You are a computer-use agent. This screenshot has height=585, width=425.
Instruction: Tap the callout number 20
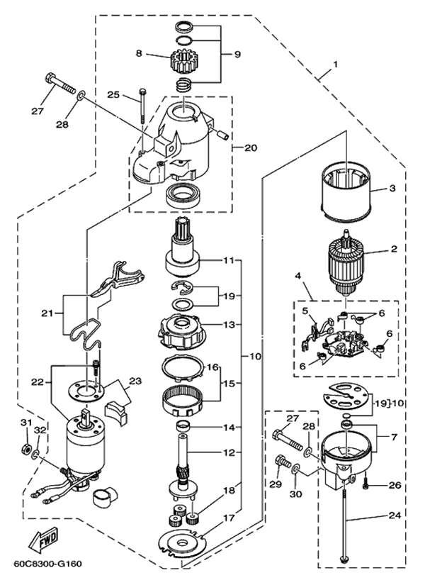pos(251,148)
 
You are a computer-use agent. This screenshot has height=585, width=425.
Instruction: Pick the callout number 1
pos(336,65)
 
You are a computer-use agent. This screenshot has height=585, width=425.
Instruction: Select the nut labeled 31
pos(25,448)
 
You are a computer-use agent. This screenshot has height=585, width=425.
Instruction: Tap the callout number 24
pos(395,516)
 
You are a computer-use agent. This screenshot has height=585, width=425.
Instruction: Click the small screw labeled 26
pos(365,484)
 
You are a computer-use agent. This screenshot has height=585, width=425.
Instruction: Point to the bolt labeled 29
pos(282,463)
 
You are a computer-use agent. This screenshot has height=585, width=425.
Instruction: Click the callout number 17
pos(229,518)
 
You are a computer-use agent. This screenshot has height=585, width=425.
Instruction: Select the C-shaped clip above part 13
pos(183,286)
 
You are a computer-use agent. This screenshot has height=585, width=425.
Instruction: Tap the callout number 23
pos(136,381)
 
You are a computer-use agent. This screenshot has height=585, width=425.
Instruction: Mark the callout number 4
pos(297,277)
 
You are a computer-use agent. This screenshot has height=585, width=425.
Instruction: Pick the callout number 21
pos(47,313)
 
